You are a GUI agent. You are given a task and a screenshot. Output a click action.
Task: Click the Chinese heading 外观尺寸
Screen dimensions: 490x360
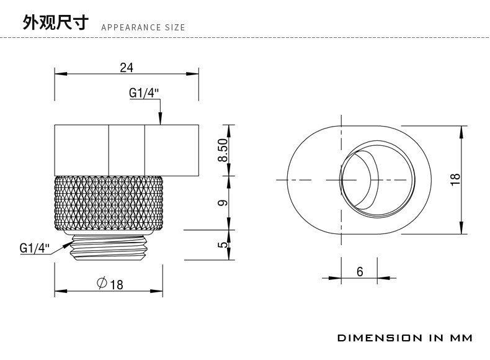(56, 24)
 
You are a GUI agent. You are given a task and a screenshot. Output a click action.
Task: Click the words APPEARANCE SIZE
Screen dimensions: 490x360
(143, 28)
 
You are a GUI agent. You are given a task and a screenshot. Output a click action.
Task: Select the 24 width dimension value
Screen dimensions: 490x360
(127, 68)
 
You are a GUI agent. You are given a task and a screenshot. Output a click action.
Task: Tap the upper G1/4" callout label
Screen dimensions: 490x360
(144, 93)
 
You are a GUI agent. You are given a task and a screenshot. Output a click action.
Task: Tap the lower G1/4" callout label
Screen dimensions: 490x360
(34, 248)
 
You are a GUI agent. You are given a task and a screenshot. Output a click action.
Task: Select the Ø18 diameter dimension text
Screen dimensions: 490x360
(110, 284)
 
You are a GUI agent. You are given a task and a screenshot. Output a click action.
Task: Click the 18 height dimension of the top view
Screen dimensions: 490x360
(456, 179)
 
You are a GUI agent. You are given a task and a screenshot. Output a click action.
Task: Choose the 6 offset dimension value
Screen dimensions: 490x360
(360, 271)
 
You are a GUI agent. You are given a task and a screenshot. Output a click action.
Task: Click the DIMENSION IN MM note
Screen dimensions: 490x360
(404, 338)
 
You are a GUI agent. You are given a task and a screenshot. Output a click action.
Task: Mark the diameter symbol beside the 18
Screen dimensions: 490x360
(102, 284)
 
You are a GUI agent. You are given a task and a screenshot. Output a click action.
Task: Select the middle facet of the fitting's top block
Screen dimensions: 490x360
(127, 150)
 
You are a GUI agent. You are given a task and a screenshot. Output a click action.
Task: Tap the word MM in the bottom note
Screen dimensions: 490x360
(461, 338)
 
